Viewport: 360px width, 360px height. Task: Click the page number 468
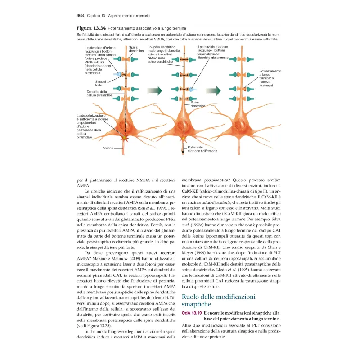[x=81, y=15]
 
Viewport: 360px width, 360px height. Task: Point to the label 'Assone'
[x=108, y=148]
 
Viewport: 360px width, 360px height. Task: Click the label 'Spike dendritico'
[x=198, y=104]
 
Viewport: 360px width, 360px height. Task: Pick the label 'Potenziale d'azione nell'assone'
[x=202, y=149]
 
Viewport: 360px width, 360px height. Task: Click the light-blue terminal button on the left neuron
[x=118, y=75]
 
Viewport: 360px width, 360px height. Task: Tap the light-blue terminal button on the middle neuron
[x=192, y=90]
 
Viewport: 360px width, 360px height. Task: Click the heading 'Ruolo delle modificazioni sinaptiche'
[x=219, y=301]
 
